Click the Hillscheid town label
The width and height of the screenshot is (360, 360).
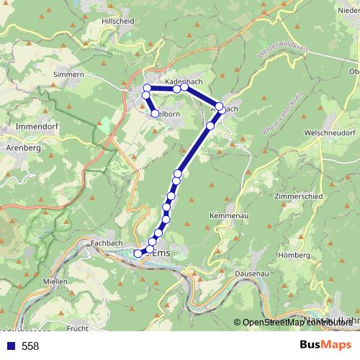(119, 22)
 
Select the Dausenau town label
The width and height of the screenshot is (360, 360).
(252, 274)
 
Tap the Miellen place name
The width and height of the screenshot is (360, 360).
(55, 281)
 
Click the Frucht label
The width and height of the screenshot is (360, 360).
(77, 328)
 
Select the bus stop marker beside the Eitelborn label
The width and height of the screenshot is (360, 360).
(154, 113)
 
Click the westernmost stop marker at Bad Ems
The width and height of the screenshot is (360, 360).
(138, 253)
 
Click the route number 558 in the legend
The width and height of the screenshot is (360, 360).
(30, 346)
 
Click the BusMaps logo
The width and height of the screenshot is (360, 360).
(325, 346)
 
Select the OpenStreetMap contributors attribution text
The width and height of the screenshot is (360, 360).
(302, 323)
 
